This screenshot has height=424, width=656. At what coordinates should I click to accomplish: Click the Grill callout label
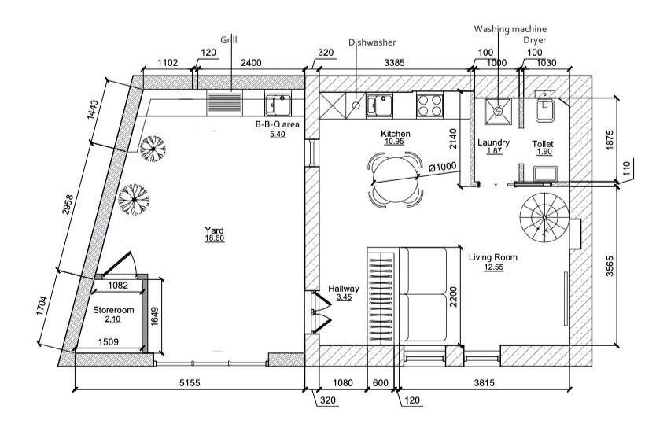229,40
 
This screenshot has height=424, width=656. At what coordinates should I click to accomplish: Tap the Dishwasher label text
372,42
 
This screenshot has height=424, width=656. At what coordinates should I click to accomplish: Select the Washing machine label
510,29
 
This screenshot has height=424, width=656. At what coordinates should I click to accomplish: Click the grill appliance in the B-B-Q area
225,103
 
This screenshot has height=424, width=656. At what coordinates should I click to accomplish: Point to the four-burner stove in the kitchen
429,105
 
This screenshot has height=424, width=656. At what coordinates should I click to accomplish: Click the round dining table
395,179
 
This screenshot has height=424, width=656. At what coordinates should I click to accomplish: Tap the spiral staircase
544,217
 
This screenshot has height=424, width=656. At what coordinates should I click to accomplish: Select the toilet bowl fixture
545,110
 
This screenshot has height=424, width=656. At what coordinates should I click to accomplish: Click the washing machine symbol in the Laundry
497,111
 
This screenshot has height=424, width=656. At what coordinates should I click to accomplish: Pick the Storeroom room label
113,310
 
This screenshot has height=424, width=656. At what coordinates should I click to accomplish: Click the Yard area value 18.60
214,238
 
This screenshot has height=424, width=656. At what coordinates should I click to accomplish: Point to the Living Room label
493,257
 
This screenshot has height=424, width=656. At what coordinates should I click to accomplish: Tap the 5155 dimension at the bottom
190,382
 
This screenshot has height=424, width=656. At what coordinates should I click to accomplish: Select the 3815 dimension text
484,382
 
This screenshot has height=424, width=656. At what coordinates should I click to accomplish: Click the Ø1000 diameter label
442,167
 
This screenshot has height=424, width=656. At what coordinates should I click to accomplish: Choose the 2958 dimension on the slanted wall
68,205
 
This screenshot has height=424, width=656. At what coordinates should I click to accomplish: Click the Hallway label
344,289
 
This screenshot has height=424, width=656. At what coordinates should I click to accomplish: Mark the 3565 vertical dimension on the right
610,266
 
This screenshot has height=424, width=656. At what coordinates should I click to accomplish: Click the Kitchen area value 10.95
394,142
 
